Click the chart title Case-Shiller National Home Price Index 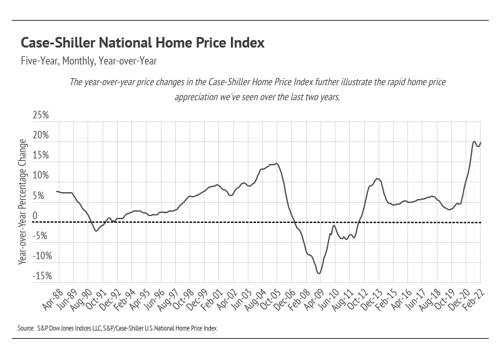click(143, 43)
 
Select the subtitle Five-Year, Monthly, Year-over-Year click(88, 61)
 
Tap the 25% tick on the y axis click(40, 116)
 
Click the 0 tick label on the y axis click(35, 216)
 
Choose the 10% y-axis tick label click(40, 176)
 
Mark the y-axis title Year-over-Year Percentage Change click(23, 201)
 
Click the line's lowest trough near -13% click(319, 273)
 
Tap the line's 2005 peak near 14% click(277, 163)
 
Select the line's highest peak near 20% click(474, 141)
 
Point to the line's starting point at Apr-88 click(56, 191)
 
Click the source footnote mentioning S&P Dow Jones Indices click(117, 327)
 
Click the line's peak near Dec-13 click(377, 178)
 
